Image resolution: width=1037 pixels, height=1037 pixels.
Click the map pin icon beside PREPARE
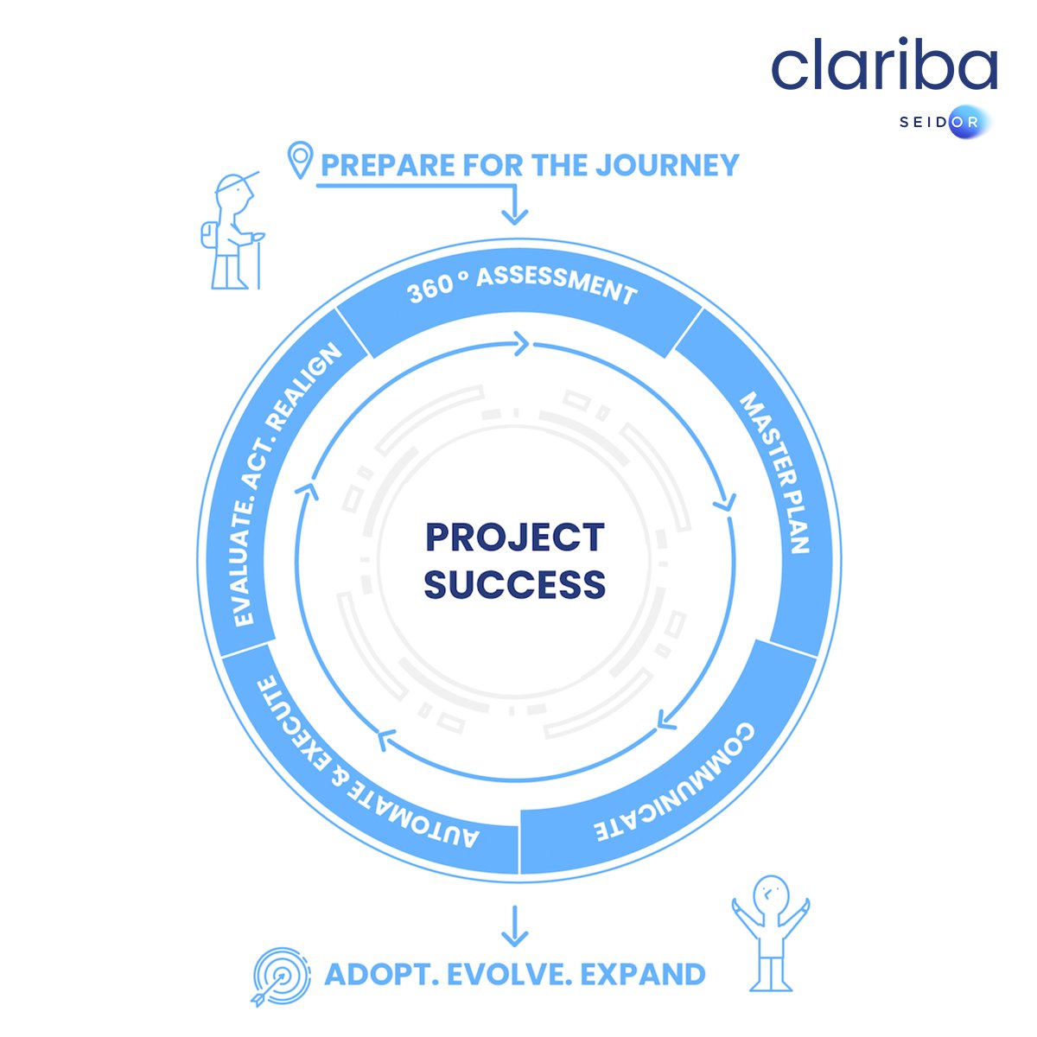pyautogui.click(x=299, y=162)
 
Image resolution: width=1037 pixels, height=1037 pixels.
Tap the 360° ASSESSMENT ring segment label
pyautogui.click(x=522, y=286)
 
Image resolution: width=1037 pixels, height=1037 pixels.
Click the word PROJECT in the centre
pyautogui.click(x=514, y=538)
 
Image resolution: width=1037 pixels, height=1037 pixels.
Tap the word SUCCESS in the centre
pyautogui.click(x=514, y=585)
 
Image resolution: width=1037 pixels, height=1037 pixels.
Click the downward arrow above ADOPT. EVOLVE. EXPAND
pyautogui.click(x=514, y=926)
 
